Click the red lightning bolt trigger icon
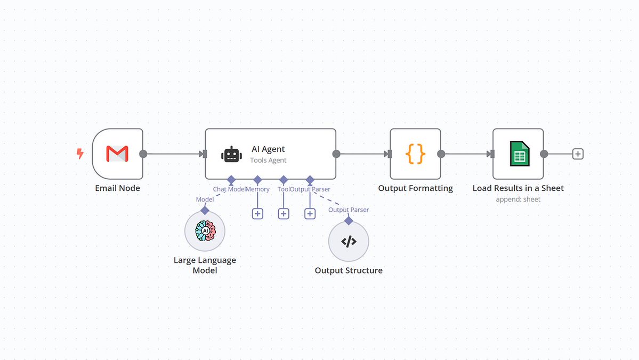(80, 154)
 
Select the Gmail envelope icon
(117, 154)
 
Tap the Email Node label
(117, 188)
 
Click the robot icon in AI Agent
(231, 155)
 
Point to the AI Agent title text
(268, 149)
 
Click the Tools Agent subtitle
(268, 160)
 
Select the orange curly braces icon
(415, 154)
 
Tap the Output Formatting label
(415, 188)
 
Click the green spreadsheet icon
(518, 154)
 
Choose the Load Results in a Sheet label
(518, 188)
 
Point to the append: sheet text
(518, 199)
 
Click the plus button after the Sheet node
(578, 154)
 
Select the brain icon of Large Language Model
(205, 231)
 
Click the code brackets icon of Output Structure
(349, 242)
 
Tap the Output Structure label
(349, 270)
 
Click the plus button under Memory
(257, 213)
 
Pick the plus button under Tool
(284, 213)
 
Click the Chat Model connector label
(229, 189)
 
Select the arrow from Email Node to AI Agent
(173, 154)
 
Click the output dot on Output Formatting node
(441, 154)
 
